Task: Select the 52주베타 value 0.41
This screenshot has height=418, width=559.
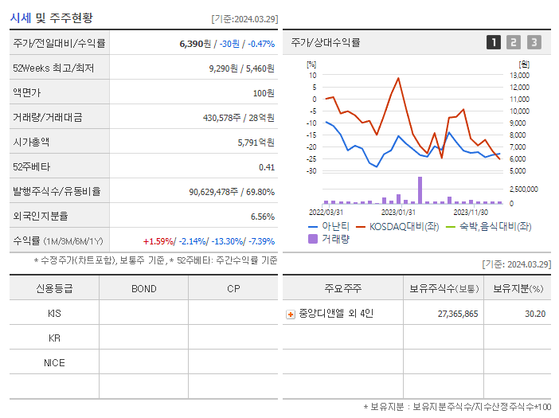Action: pyautogui.click(x=266, y=167)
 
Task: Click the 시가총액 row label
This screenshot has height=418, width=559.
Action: pyautogui.click(x=31, y=143)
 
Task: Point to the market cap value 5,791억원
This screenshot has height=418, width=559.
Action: pyautogui.click(x=256, y=143)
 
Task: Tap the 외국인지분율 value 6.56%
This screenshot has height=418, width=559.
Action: pyautogui.click(x=262, y=217)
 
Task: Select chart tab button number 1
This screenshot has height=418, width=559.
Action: pyautogui.click(x=494, y=42)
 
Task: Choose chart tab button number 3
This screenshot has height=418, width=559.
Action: pyautogui.click(x=534, y=42)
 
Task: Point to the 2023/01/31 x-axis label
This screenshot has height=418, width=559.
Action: pyautogui.click(x=398, y=212)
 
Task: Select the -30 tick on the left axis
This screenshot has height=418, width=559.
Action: pyautogui.click(x=311, y=171)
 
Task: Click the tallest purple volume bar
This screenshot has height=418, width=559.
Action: pyautogui.click(x=420, y=189)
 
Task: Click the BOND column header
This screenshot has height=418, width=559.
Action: pyautogui.click(x=144, y=288)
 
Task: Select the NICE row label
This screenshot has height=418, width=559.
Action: pyautogui.click(x=54, y=362)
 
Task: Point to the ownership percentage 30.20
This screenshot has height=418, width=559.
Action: pyautogui.click(x=534, y=314)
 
